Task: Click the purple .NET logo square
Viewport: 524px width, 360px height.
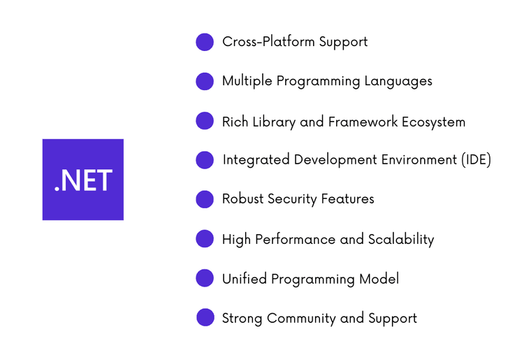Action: [82, 180]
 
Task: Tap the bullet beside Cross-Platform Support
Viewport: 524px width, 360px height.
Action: [205, 42]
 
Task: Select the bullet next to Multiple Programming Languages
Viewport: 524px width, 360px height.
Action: [205, 81]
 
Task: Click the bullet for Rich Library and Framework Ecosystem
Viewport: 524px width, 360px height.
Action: [205, 121]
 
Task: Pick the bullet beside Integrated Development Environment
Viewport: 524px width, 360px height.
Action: [205, 160]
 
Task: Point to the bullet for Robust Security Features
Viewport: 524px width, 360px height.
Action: [205, 199]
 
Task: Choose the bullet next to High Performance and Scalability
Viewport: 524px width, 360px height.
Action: [205, 239]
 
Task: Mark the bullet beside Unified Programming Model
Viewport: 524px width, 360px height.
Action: [205, 278]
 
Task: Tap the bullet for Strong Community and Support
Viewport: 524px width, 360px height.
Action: [205, 318]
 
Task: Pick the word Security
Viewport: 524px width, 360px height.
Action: [293, 199]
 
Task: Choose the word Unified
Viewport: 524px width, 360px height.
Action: [245, 279]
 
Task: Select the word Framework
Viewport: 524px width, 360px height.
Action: [363, 122]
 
